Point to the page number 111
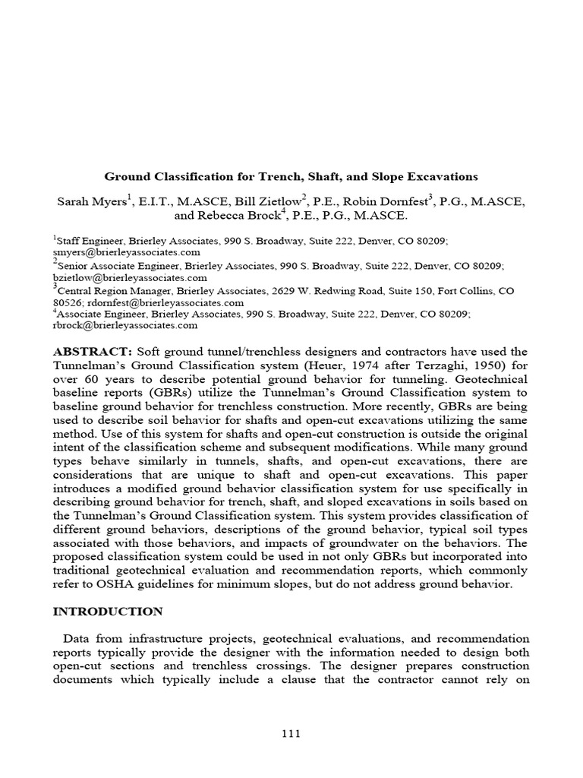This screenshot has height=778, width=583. (291, 733)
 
